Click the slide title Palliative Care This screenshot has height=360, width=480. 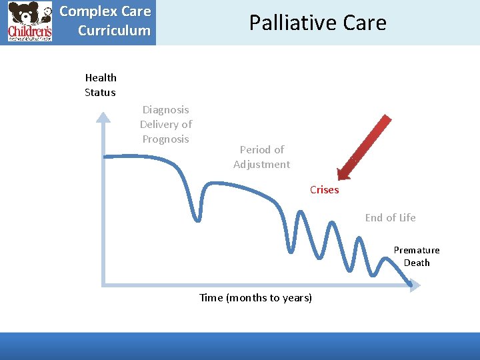click(317, 23)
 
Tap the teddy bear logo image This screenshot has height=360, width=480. click(29, 22)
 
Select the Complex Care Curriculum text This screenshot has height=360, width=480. click(105, 21)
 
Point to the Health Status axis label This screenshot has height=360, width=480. click(100, 85)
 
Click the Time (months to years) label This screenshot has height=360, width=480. click(255, 297)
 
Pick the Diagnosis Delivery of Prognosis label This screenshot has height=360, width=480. click(165, 124)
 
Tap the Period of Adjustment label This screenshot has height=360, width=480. click(261, 157)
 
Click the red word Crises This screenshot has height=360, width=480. click(324, 190)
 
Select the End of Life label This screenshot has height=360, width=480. click(390, 217)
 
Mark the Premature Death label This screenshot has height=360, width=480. click(416, 256)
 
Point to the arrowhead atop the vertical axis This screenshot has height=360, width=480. click(103, 117)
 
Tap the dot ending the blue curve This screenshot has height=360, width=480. click(410, 285)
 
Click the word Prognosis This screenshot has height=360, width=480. click(165, 139)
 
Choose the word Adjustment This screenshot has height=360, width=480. click(261, 164)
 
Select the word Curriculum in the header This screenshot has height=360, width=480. click(114, 31)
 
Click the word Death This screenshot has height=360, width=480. click(417, 263)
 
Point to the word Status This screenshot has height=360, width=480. click(100, 93)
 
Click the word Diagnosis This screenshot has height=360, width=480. click(165, 109)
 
